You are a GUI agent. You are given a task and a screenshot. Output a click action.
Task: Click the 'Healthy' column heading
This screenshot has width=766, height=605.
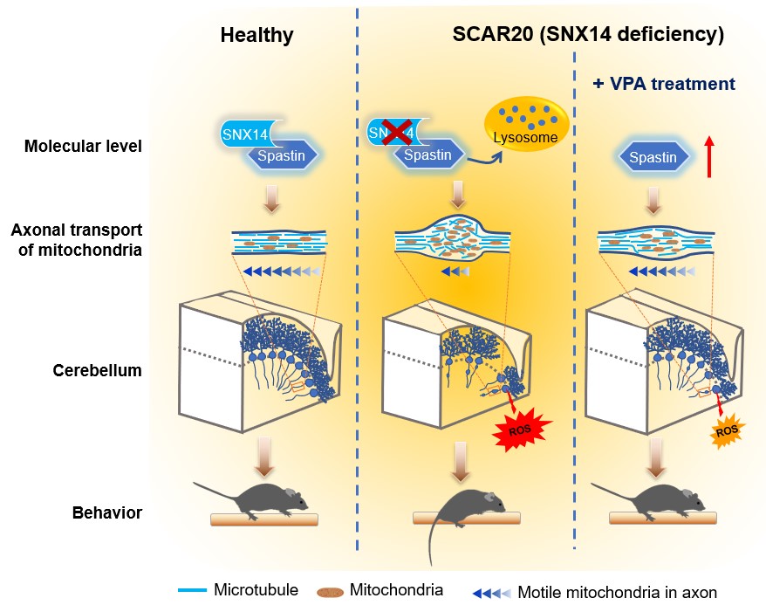[256, 36]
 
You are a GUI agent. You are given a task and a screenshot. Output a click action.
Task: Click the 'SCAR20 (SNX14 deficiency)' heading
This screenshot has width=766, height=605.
[588, 36]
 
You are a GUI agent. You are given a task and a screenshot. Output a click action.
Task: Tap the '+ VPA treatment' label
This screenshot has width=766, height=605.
[664, 85]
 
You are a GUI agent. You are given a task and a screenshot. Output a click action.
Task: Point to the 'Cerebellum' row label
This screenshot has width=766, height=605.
[97, 369]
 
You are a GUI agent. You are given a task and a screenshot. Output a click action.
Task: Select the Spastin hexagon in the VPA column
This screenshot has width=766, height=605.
[653, 158]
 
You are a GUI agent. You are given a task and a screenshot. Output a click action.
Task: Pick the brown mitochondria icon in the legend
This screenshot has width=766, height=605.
[330, 591]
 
